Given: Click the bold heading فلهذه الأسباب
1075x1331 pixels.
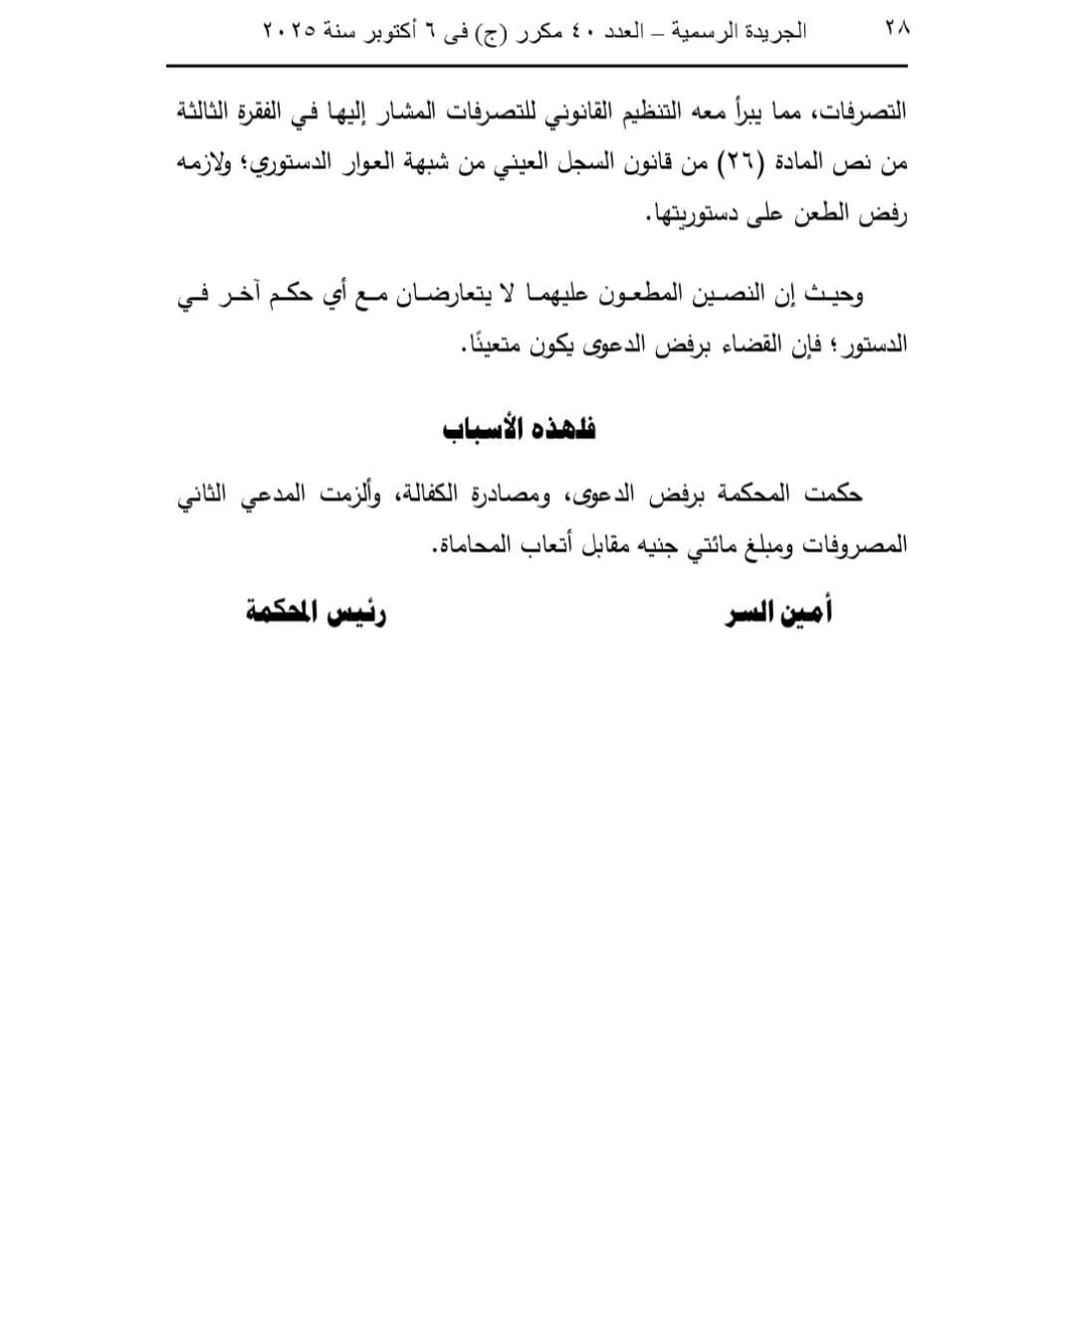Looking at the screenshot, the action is [x=519, y=429].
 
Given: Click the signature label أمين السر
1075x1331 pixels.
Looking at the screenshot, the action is [x=778, y=612].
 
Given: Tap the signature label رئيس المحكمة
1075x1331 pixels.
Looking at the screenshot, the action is [x=316, y=612].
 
